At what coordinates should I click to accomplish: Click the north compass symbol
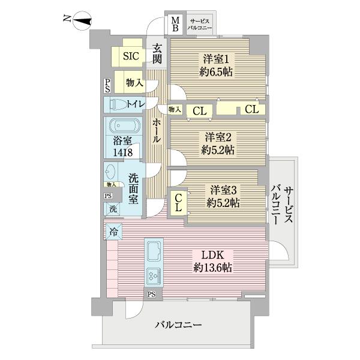coord(81,22)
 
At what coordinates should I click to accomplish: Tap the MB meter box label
coord(176,25)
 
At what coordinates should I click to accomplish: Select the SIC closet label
coord(131,56)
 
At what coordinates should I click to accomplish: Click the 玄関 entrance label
coord(157,54)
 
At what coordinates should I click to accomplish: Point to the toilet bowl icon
coord(119,104)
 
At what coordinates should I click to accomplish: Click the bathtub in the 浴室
coord(124,127)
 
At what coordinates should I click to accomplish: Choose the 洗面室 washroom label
coord(136,187)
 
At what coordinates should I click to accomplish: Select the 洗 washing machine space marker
coord(113,209)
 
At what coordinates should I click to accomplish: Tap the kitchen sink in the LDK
coord(153,251)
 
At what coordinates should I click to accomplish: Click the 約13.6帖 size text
coord(212,267)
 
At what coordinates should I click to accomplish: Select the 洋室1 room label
coord(216,59)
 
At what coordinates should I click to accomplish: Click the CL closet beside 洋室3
coord(179,203)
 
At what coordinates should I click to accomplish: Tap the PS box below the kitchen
coord(152,294)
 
